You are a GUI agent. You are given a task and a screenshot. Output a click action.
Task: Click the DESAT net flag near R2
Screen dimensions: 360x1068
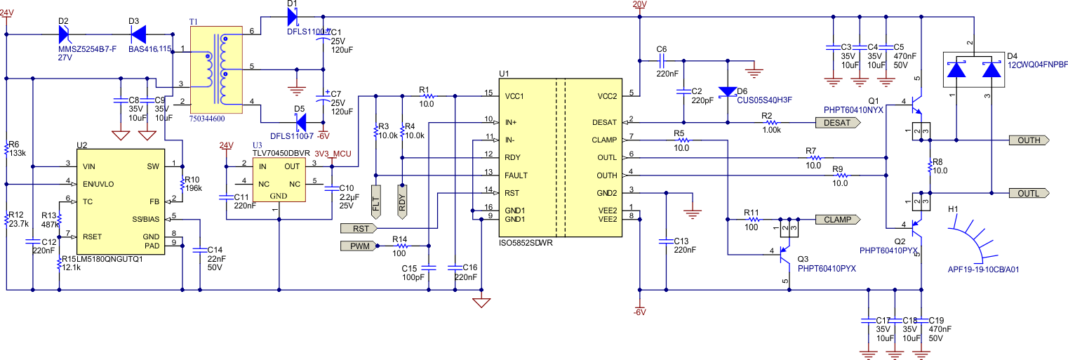836,121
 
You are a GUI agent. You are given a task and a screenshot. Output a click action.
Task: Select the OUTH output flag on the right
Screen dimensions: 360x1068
1032,140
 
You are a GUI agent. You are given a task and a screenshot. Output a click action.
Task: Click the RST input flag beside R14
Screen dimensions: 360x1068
358,228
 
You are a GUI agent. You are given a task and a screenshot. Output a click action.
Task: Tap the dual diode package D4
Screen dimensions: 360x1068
973,71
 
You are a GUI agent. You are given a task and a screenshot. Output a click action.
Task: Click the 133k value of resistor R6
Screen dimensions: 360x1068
19,152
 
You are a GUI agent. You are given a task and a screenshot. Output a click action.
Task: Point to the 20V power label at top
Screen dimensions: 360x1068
639,5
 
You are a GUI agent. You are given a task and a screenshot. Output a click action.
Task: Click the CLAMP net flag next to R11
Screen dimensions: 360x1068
836,219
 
